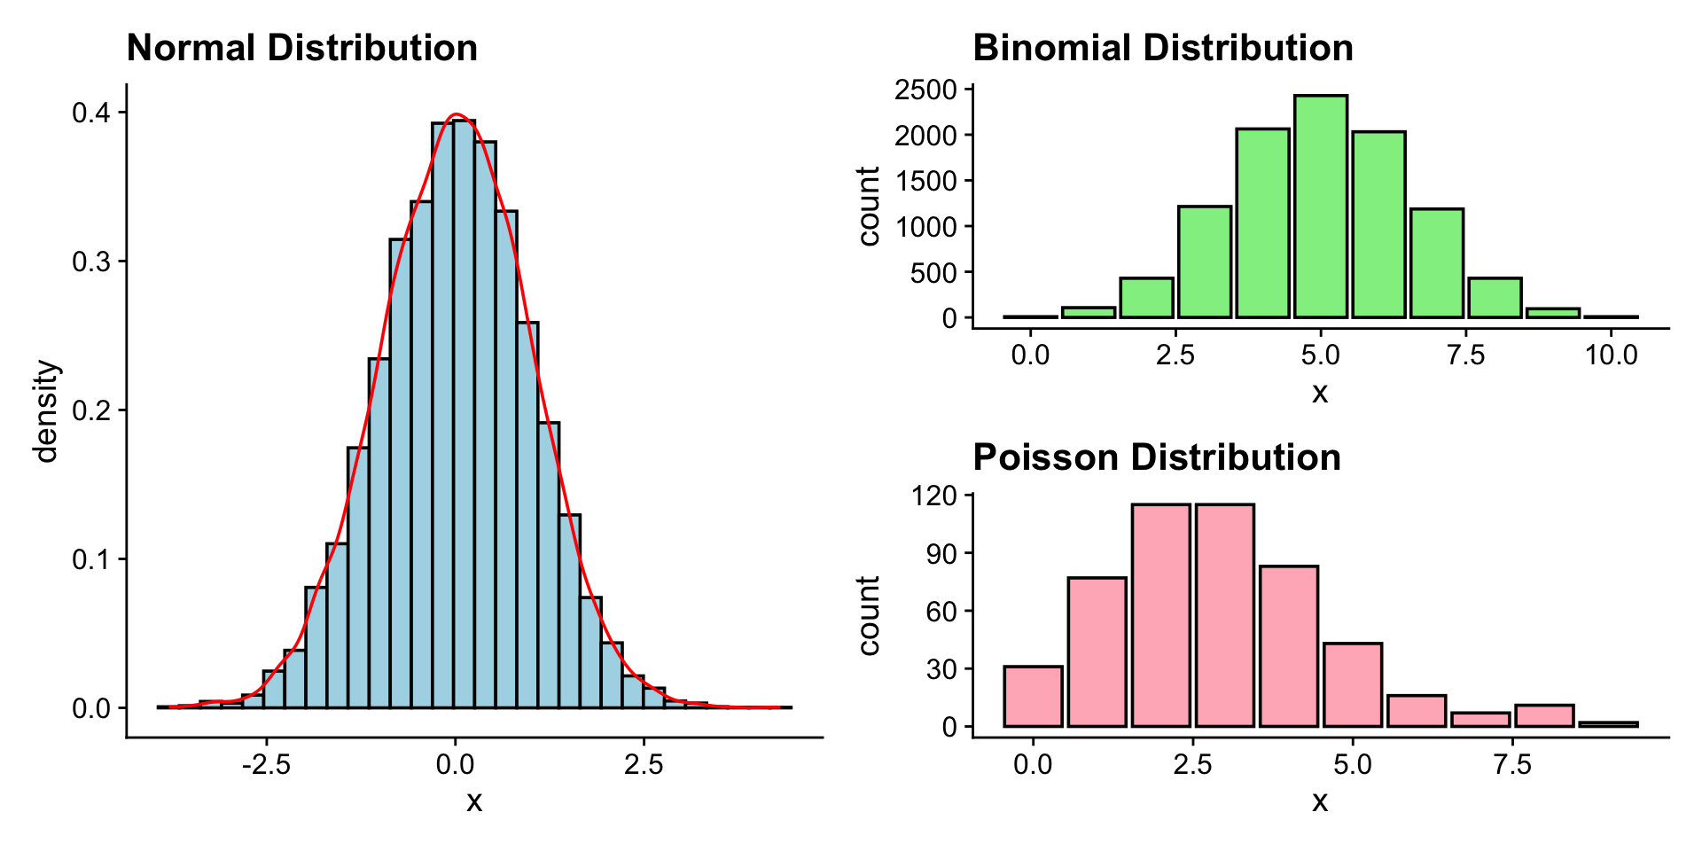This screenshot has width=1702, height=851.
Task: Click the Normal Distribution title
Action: pyautogui.click(x=301, y=48)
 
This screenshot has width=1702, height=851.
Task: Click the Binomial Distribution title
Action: pyautogui.click(x=1162, y=48)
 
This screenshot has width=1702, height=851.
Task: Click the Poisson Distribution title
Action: pyautogui.click(x=1156, y=457)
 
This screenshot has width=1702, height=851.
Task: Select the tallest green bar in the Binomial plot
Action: pyautogui.click(x=1320, y=206)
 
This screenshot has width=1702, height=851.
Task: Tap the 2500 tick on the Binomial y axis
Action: pyautogui.click(x=925, y=90)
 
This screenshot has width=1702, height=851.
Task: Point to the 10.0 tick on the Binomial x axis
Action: pyautogui.click(x=1611, y=355)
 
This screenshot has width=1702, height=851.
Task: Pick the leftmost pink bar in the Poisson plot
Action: pyautogui.click(x=1033, y=697)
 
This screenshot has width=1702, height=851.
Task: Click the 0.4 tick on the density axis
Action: pyautogui.click(x=90, y=113)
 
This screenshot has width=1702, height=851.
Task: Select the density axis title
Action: pyautogui.click(x=46, y=411)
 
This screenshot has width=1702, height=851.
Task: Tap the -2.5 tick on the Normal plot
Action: pyautogui.click(x=266, y=764)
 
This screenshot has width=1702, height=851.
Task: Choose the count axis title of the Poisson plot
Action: pyautogui.click(x=869, y=615)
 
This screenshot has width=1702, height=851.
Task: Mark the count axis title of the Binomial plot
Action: pyautogui.click(x=869, y=206)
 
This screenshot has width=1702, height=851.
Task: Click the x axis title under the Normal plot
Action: pyautogui.click(x=474, y=801)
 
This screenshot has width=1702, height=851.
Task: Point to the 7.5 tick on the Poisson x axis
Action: pyautogui.click(x=1512, y=764)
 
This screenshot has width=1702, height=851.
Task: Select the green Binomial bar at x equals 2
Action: pyautogui.click(x=1146, y=298)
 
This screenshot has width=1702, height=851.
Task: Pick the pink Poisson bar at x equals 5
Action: pyautogui.click(x=1353, y=685)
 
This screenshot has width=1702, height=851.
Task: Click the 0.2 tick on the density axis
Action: pyautogui.click(x=90, y=410)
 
